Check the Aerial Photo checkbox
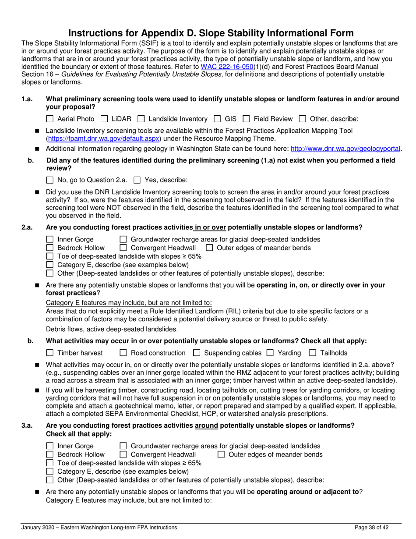click(x=49, y=119)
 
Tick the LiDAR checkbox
click(x=104, y=119)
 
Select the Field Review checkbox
click(x=246, y=119)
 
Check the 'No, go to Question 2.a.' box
click(x=49, y=180)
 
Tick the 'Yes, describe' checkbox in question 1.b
click(x=137, y=180)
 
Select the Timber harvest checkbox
click(x=49, y=353)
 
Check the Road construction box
click(x=123, y=353)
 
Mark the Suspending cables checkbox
click(x=197, y=353)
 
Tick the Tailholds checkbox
click(x=313, y=353)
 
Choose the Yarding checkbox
click(x=270, y=353)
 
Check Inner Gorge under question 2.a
click(x=49, y=239)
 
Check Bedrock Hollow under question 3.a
click(x=49, y=454)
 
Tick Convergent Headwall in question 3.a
click(x=123, y=454)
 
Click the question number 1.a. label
click(x=28, y=99)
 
